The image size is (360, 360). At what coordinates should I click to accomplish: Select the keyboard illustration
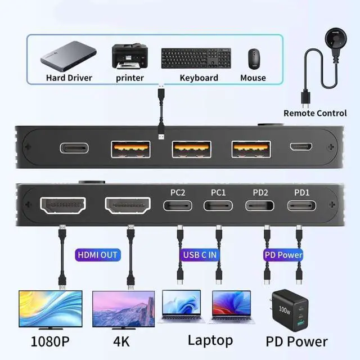[x=199, y=57]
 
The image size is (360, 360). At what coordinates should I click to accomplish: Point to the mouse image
[x=253, y=57]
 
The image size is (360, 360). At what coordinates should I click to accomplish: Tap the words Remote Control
[x=315, y=113]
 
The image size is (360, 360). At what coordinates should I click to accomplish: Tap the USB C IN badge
[x=199, y=255]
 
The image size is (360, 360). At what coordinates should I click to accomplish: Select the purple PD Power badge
[x=283, y=255]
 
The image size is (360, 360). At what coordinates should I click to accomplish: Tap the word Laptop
[x=210, y=340]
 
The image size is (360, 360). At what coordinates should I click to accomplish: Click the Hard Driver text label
[x=69, y=78]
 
